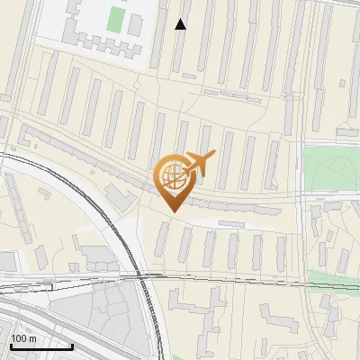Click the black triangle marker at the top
coord(181,24)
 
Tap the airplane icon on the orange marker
coord(199,163)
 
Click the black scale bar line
coord(40,346)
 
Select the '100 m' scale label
coord(23,338)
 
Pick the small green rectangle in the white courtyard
coord(116,18)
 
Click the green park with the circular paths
coord(332,169)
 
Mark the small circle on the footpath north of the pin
coord(137,85)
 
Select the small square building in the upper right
coord(345,81)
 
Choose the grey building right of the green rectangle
coord(134,24)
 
